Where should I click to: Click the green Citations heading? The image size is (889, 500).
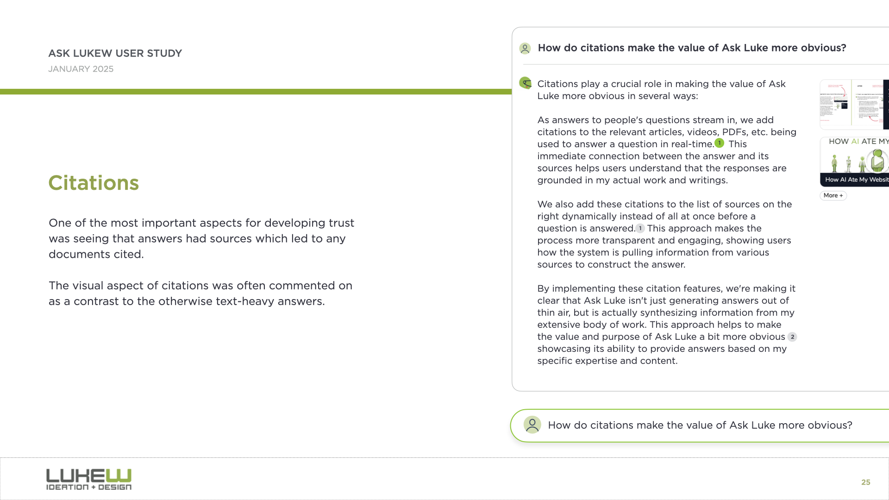[94, 183]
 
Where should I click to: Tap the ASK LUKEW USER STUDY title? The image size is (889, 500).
[115, 53]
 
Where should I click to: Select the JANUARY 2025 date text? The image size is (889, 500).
[81, 69]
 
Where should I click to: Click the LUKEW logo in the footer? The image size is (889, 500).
[89, 479]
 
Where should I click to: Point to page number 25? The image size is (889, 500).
[865, 482]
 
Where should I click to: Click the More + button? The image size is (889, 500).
[833, 195]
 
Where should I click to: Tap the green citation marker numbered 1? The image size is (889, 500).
[719, 143]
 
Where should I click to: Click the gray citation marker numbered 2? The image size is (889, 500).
[792, 337]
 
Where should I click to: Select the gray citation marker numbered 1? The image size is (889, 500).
[640, 228]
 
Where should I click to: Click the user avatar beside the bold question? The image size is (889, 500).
[525, 48]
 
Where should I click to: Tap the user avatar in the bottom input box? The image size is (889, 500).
[532, 425]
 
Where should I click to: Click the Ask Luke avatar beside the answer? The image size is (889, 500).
[526, 83]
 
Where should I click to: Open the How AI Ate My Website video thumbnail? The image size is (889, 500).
[855, 162]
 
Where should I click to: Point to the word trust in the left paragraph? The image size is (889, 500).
[341, 223]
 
